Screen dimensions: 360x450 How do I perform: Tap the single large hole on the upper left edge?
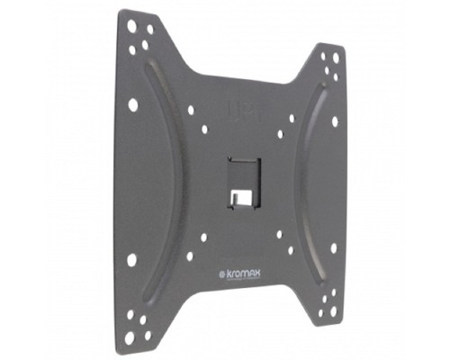133,104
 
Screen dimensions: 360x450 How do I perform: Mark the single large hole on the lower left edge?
132,259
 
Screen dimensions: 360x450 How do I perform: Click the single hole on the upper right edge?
334,121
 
